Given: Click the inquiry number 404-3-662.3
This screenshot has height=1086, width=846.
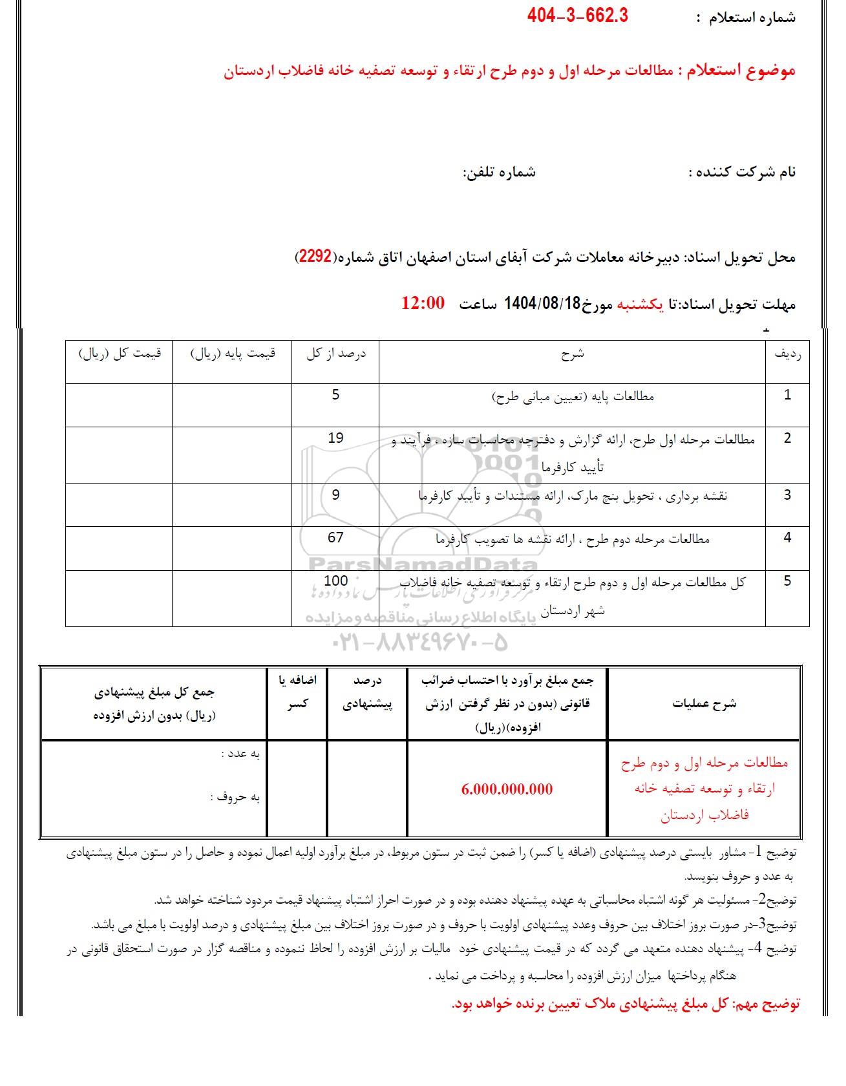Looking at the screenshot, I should [x=577, y=16].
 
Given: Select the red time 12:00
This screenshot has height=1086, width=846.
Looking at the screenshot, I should [x=423, y=303].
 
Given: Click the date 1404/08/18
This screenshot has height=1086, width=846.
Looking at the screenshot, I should [x=534, y=303].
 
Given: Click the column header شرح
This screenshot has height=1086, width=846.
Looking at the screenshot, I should [x=572, y=354].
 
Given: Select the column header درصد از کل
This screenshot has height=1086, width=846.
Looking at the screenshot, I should [x=335, y=354].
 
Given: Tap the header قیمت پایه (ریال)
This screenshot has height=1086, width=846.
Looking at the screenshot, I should [x=233, y=354].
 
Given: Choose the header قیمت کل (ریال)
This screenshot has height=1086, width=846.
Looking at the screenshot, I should [x=120, y=354].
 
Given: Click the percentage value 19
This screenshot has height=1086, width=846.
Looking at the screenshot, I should [x=335, y=438].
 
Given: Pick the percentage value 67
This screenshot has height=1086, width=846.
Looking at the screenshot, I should [x=335, y=537].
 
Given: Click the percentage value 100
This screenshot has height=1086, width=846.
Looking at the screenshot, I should [x=335, y=580].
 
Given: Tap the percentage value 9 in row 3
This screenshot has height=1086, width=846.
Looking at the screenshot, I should [x=335, y=495].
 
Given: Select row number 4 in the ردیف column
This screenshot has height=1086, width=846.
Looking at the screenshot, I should [x=787, y=537].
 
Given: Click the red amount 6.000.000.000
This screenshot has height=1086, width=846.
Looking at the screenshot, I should [x=507, y=789].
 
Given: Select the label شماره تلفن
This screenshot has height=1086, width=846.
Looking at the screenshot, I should [x=500, y=173].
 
